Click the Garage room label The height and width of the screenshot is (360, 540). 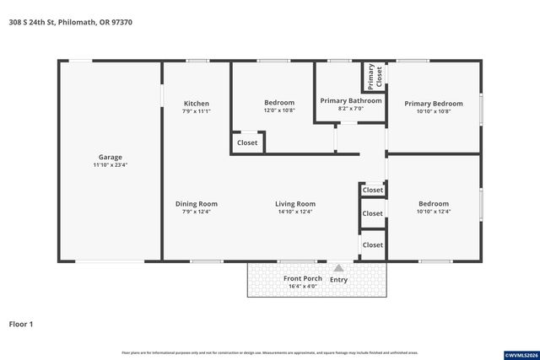pos(110,157)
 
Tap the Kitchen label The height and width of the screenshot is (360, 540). pos(196,103)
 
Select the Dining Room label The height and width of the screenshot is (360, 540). pos(196,203)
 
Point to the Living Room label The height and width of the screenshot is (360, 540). pos(294,203)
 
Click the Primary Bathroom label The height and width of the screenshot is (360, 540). pos(350,100)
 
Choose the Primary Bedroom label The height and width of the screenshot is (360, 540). pos(434,103)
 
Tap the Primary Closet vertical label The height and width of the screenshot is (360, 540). pos(375,77)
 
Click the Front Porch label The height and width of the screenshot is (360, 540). pos(303,278)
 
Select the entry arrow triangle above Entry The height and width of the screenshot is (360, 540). pos(338,268)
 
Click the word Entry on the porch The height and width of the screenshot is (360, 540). pos(338,279)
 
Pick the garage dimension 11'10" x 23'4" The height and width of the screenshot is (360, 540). pos(110,165)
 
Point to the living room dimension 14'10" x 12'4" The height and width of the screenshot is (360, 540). pos(294,212)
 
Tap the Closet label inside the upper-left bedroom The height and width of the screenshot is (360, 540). pos(247,142)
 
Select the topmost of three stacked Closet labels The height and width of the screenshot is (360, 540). pos(372,190)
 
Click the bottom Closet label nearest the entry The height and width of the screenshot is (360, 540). pos(372,244)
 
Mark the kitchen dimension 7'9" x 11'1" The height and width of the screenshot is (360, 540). pos(196,111)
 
